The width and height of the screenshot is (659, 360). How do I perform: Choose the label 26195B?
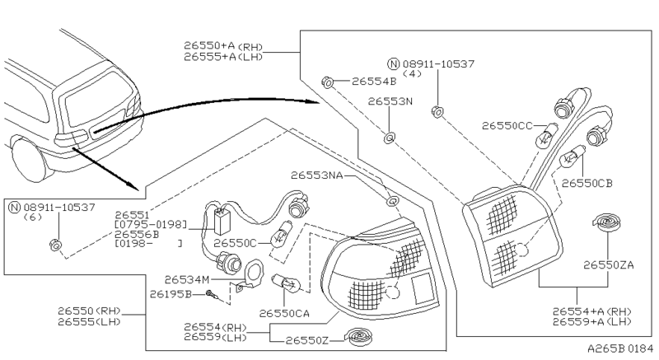(171, 293)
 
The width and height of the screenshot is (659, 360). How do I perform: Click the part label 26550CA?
(285, 313)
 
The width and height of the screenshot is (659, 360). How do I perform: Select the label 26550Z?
(309, 339)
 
